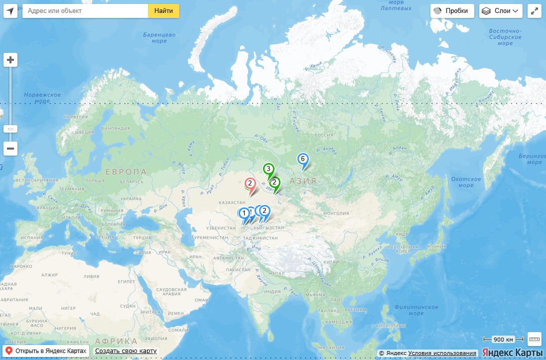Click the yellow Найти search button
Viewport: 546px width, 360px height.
pyautogui.click(x=163, y=10)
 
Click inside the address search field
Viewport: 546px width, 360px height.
pyautogui.click(x=85, y=10)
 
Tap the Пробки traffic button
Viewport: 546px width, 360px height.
pyautogui.click(x=452, y=11)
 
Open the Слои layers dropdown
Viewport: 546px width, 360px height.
pyautogui.click(x=501, y=11)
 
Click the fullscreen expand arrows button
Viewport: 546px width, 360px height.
pyautogui.click(x=535, y=11)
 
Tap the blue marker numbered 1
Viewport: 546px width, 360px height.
pyautogui.click(x=244, y=213)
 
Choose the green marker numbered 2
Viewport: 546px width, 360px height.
pyautogui.click(x=274, y=183)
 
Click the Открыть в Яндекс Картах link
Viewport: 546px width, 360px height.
pyautogui.click(x=46, y=351)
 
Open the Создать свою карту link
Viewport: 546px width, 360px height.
pyautogui.click(x=126, y=351)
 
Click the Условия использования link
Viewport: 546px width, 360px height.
pyautogui.click(x=442, y=353)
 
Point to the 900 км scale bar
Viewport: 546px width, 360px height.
pyautogui.click(x=503, y=340)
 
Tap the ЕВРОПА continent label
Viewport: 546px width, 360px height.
pyautogui.click(x=126, y=172)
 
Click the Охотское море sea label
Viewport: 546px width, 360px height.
pyautogui.click(x=466, y=182)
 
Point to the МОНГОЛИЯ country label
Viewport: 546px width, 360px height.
pyautogui.click(x=337, y=213)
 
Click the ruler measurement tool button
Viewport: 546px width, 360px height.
pyautogui.click(x=535, y=339)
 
